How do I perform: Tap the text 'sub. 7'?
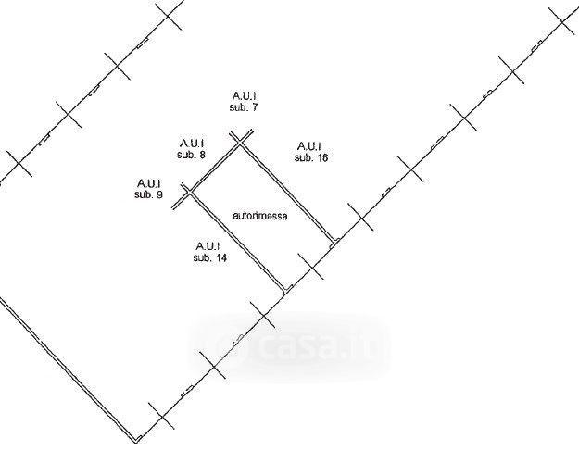coord(243,108)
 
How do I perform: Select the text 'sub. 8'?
coord(191,156)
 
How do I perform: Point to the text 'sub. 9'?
coord(148,195)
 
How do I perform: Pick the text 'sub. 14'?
coord(210,258)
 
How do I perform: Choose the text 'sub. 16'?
coord(311,158)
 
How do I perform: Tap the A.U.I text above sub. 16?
coord(309,145)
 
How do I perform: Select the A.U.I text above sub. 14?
coord(208,245)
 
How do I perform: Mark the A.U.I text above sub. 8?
coord(191,143)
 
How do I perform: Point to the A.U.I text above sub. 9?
coord(148,182)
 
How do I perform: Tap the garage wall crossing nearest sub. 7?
coord(241,142)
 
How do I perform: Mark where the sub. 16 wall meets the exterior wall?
coord(334,242)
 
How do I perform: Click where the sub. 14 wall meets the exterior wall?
coord(283,292)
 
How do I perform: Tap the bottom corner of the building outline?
coord(139,438)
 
